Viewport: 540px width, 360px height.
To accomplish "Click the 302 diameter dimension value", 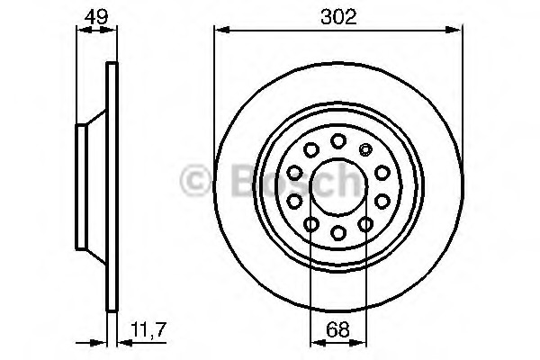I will coord(338,15).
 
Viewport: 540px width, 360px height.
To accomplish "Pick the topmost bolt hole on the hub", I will coord(338,140).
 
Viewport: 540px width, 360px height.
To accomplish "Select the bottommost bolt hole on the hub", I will coord(338,234).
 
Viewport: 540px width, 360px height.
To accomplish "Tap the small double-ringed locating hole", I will coord(365,150).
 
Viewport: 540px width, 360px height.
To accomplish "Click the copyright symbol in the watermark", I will coord(196,181).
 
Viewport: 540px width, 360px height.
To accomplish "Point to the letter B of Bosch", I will coord(230,181).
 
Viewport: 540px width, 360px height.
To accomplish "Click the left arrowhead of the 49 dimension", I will coord(78,31).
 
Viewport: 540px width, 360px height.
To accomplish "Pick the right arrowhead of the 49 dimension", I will coord(113,31).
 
